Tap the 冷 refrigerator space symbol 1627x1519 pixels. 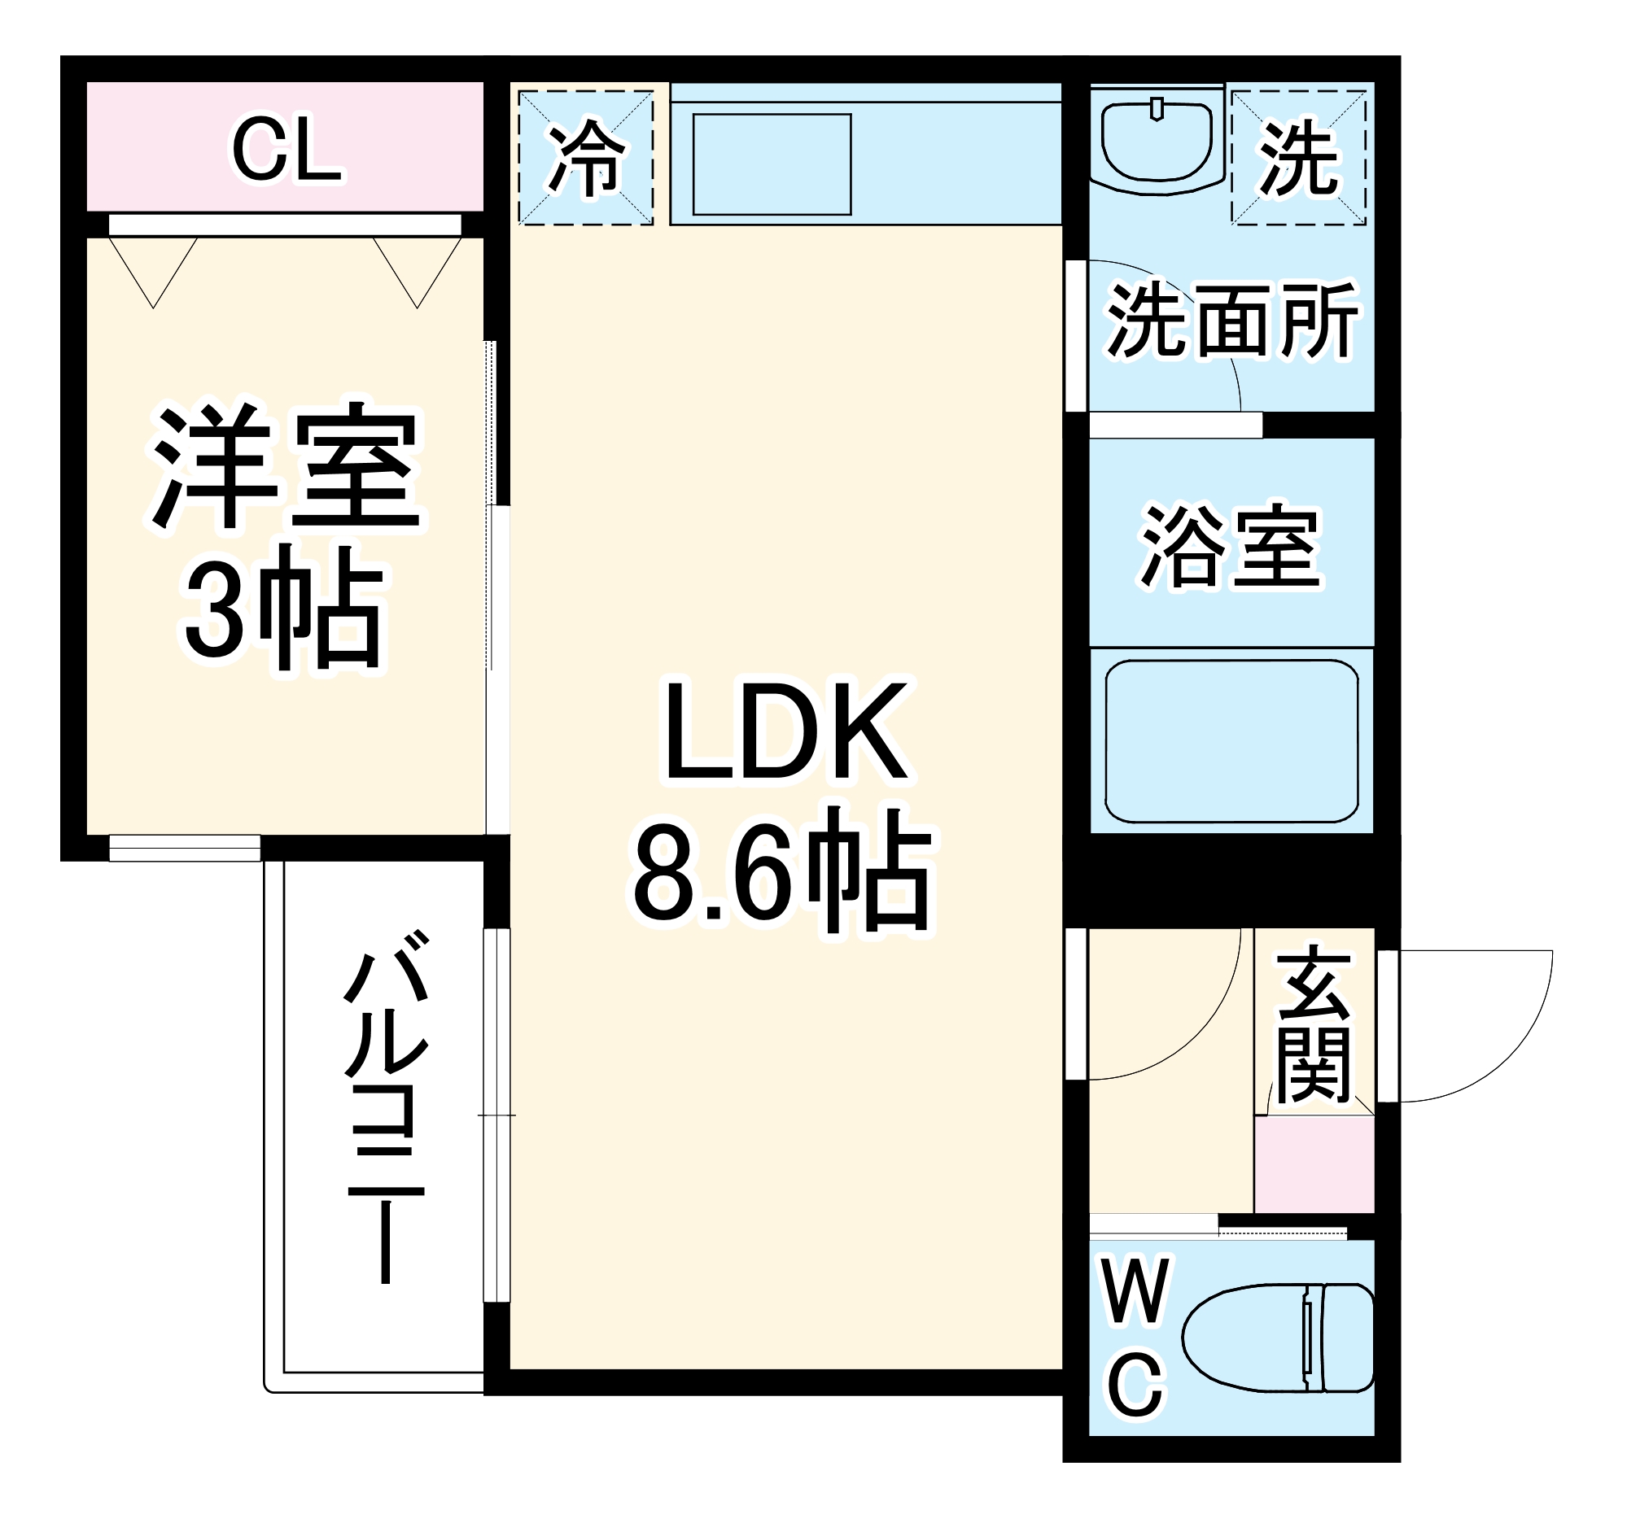point(586,158)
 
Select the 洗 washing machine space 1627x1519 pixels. point(1298,158)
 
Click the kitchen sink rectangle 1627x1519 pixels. point(771,164)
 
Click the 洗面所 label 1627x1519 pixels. point(1231,321)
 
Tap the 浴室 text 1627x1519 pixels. point(1230,546)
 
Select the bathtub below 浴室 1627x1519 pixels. point(1231,740)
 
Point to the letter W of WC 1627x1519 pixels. point(1135,1293)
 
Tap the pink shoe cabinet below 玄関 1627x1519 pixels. point(1314,1164)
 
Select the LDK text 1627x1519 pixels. point(785,732)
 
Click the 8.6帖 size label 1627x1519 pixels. point(781,871)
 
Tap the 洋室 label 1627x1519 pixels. point(285,466)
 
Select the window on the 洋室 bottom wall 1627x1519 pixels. point(185,848)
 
